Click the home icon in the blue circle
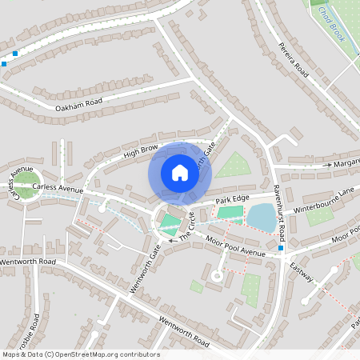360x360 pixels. (x=180, y=173)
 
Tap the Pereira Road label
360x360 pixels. (x=293, y=57)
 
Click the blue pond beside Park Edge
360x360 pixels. (x=260, y=216)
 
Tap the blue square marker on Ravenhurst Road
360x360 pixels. (x=281, y=249)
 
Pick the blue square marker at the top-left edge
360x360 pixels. (x=4, y=63)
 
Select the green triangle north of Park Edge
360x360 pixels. (x=233, y=166)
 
